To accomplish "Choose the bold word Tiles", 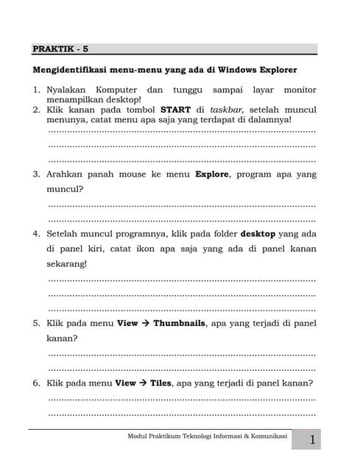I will pos(160,383).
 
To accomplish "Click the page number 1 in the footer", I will pos(312,440).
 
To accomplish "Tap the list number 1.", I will pos(35,90).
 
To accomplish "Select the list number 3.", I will pos(35,174).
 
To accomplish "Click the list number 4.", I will pos(35,233).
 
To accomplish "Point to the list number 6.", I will pos(35,383).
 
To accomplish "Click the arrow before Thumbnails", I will pos(145,323).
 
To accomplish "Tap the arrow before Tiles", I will pos(143,383).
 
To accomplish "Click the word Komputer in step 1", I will pos(122,90).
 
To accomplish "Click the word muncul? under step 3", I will pos(64,189).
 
